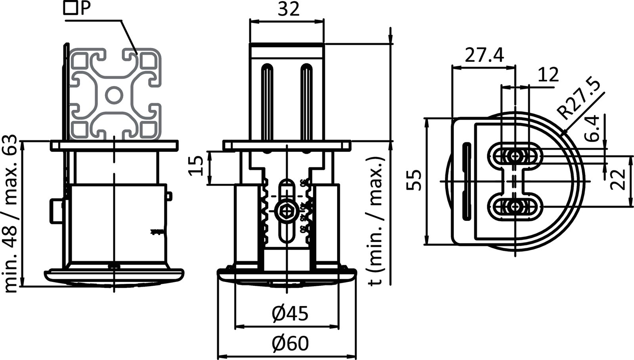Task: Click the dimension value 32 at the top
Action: [288, 10]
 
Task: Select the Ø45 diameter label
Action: [290, 314]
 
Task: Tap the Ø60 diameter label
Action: [290, 343]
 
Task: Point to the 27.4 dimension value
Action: [484, 56]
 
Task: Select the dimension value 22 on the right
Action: [617, 180]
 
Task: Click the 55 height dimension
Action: [414, 180]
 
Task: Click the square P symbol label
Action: [77, 8]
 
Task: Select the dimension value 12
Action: [548, 75]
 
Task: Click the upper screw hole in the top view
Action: [515, 156]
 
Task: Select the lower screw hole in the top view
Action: [515, 207]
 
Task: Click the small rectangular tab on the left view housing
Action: [56, 211]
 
